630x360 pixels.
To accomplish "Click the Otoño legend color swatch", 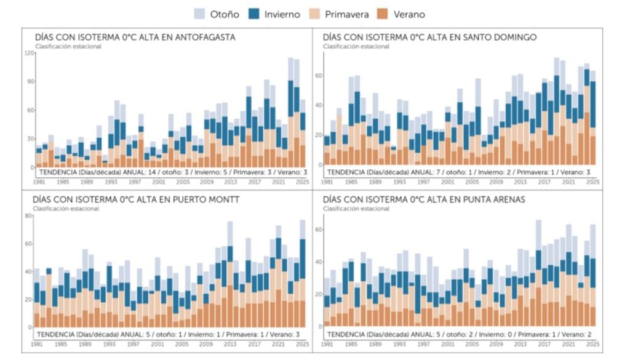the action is click(199, 14).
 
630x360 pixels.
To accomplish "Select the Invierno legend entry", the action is click(274, 14).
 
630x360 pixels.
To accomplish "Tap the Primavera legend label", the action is click(347, 15).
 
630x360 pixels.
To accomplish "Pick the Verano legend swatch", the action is click(383, 14).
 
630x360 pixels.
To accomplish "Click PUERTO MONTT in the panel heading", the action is click(205, 199).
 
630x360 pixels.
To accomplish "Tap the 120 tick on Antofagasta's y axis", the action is click(30, 53).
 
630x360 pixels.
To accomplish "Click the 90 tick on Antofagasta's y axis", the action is click(31, 82).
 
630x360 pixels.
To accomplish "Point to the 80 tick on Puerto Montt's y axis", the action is click(28, 216).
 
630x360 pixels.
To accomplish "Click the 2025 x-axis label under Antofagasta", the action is click(303, 182).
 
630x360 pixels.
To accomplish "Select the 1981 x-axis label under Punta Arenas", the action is click(327, 345).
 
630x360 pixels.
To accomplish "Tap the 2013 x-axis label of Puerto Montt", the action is click(230, 345).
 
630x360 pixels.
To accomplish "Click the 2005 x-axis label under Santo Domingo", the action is click(472, 182).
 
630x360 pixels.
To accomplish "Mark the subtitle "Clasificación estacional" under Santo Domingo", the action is click(356, 47).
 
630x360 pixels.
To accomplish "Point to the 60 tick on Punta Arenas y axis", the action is click(320, 230).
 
